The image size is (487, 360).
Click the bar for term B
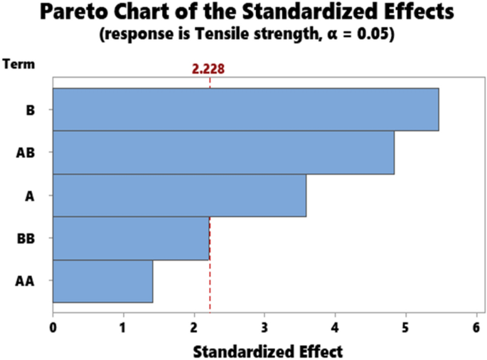245,110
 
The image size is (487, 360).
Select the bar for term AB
223,153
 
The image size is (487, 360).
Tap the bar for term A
179,196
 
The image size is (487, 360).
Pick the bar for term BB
131,238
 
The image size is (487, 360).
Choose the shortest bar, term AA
102,282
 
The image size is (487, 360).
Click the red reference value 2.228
210,69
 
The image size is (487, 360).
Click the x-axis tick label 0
53,327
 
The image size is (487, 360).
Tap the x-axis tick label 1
124,327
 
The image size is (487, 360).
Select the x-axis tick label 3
264,327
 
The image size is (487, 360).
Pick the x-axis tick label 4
335,327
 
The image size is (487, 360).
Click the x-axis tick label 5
405,327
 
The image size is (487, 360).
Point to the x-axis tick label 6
476,327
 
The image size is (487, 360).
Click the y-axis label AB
25,153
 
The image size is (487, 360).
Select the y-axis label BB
25,238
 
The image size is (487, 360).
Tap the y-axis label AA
25,282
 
